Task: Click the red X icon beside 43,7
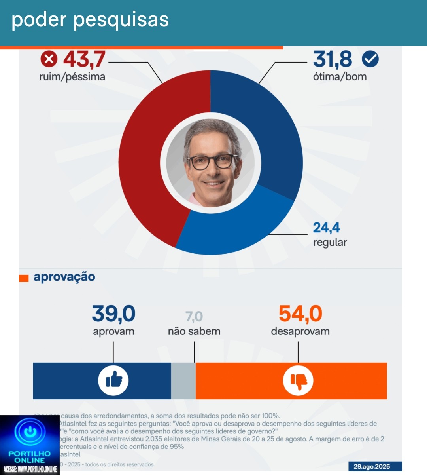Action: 49,59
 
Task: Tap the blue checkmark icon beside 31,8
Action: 370,59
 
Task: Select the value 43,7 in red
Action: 84,59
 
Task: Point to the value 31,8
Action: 332,59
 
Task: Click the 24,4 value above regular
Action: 326,228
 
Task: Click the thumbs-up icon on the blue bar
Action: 113,380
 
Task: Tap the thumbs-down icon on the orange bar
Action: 298,380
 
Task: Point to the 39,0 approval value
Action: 113,314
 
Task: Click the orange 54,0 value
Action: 300,314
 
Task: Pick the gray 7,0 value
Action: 194,317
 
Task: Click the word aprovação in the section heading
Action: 64,277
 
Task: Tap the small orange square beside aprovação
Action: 24,278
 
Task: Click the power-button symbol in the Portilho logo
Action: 30,431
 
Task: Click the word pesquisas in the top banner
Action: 121,20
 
